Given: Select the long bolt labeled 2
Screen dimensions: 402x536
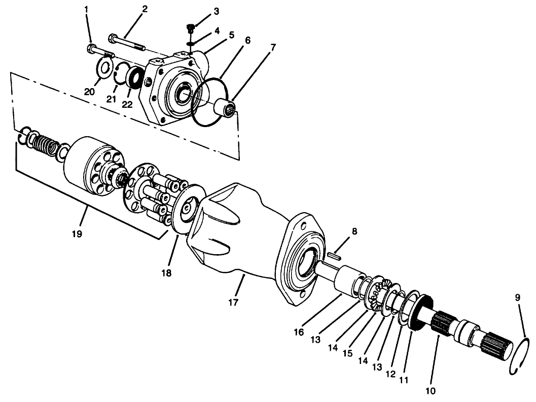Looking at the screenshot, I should point(127,43).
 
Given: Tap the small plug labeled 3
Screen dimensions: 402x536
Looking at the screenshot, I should point(190,27).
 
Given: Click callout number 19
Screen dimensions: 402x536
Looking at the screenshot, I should point(77,234).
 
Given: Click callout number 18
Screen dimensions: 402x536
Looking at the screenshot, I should point(167,272).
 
